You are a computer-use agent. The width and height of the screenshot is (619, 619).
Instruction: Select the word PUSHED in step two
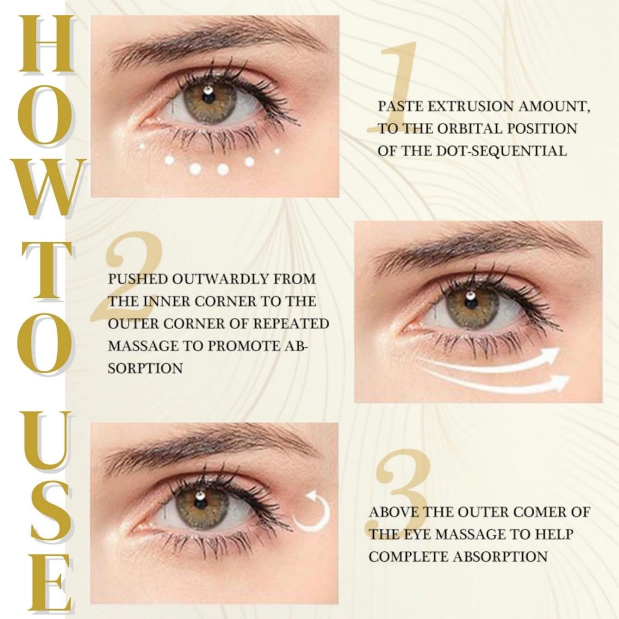point(137,279)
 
